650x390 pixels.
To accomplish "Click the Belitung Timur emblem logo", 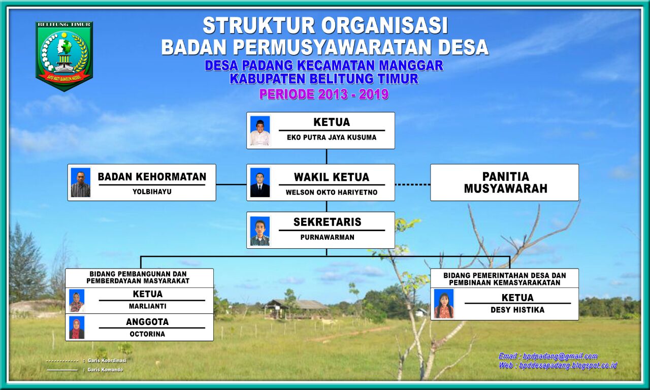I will [64, 56].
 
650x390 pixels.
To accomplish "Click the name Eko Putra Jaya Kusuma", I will [332, 137].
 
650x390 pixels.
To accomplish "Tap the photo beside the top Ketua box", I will [260, 131].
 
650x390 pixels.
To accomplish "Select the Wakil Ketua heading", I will [332, 177].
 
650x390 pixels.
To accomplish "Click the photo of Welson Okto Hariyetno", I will [260, 182].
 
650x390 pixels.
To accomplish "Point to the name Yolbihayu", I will [152, 191].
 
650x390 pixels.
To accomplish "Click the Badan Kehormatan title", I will [152, 177].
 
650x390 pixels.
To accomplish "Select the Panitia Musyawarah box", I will [504, 182].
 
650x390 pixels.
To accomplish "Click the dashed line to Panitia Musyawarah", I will [412, 184].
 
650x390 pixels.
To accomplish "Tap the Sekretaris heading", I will [328, 222].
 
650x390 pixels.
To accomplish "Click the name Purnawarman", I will [328, 237].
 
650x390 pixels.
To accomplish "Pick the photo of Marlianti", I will [77, 301].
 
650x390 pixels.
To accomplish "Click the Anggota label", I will [147, 321].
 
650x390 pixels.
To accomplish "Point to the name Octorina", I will [147, 334].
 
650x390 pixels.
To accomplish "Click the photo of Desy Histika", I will [443, 304].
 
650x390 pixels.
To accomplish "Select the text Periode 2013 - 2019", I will [324, 94].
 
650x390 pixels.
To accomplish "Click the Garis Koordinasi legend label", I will [107, 361].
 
